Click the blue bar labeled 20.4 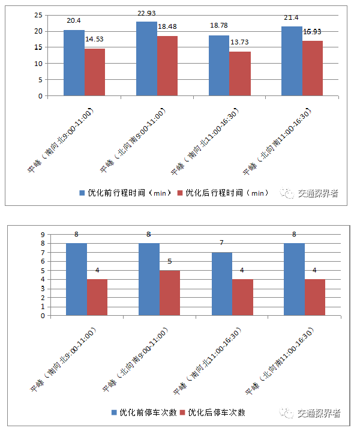(74, 63)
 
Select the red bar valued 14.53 (95, 72)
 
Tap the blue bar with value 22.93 (146, 59)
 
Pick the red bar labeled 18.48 (167, 66)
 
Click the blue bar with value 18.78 (219, 65)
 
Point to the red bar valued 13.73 (240, 74)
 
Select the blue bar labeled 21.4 (292, 61)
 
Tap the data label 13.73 (240, 44)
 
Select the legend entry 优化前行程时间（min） (125, 193)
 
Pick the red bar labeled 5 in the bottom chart (170, 293)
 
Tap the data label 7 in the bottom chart (221, 243)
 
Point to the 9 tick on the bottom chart (43, 235)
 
